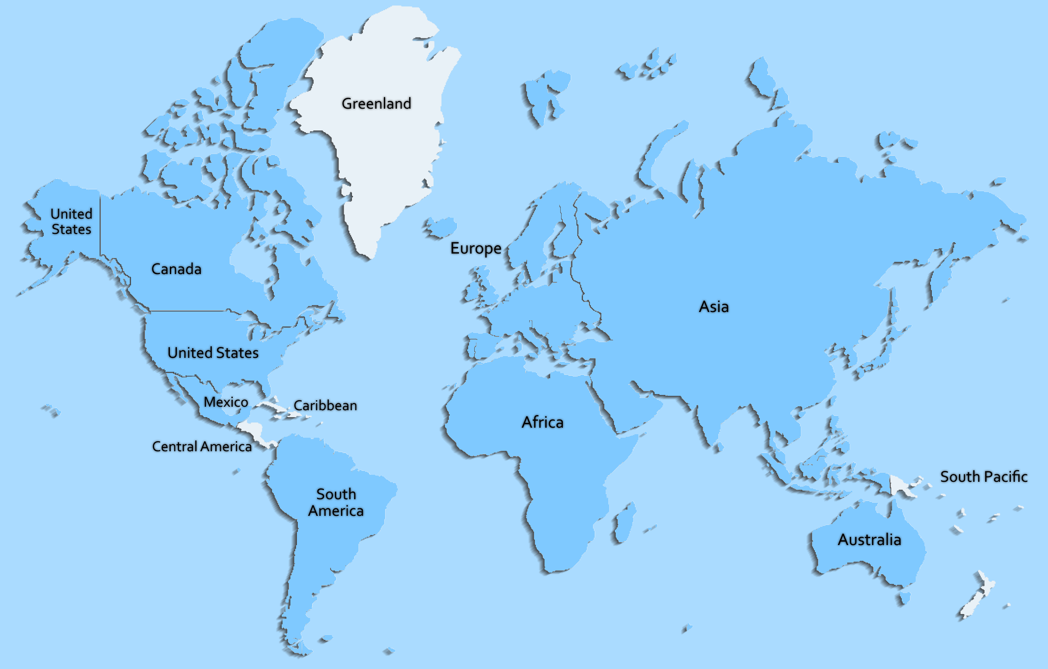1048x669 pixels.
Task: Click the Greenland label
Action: (x=376, y=104)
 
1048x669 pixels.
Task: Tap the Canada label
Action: (x=176, y=269)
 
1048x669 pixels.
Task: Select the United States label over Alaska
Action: (x=72, y=222)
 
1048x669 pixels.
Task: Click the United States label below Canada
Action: (x=213, y=353)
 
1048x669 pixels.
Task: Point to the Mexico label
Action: (x=226, y=402)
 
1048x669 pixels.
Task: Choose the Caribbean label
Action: (x=325, y=406)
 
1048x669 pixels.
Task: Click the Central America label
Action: (x=202, y=446)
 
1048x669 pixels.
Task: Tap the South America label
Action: (x=336, y=502)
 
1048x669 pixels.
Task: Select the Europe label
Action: (x=476, y=248)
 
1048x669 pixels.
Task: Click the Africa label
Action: (x=542, y=422)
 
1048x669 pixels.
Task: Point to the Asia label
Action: (x=714, y=307)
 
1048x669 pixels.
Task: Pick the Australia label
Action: (x=869, y=540)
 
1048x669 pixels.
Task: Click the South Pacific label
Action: (x=983, y=477)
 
